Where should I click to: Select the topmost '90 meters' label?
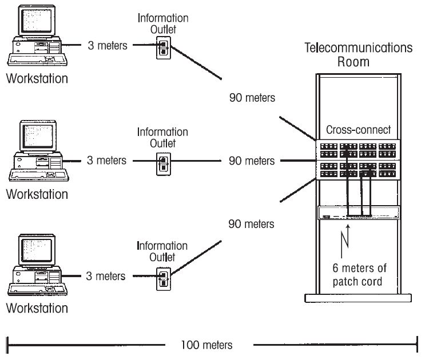(252, 98)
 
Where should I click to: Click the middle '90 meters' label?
(252, 161)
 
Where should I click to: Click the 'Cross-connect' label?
(358, 130)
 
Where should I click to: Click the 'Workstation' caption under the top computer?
(37, 78)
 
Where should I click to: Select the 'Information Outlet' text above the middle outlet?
(162, 138)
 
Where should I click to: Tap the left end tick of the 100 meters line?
(7, 345)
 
